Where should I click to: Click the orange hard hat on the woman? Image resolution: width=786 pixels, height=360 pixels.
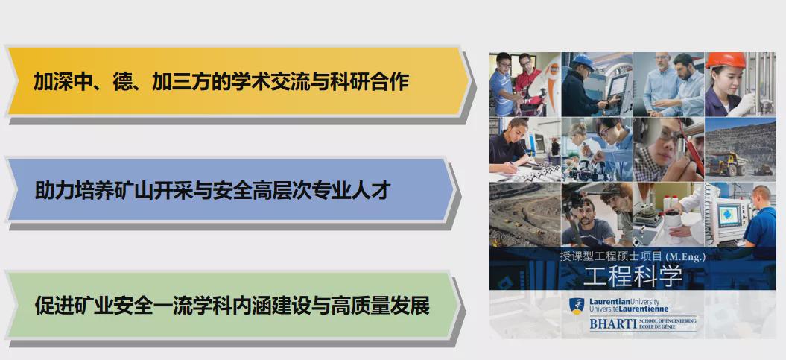pyautogui.click(x=726, y=60)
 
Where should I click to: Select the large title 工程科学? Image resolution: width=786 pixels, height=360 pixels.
pyautogui.click(x=633, y=275)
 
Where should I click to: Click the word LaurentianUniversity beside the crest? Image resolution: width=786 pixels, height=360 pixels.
pyautogui.click(x=624, y=303)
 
